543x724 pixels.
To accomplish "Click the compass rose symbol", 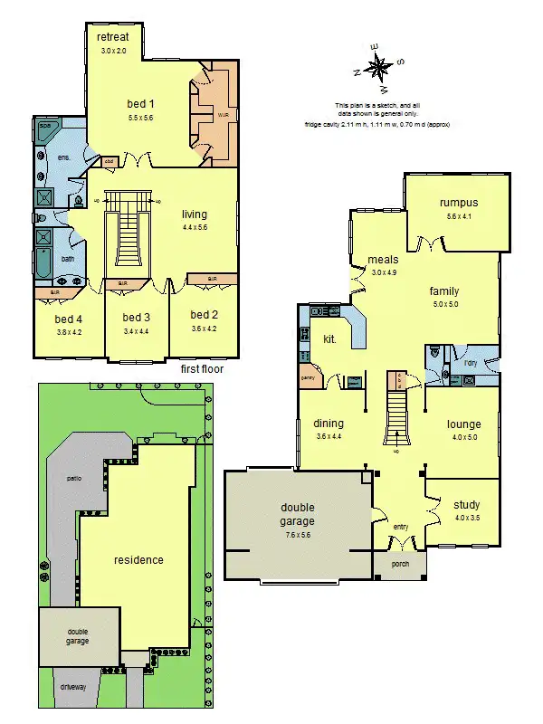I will pyautogui.click(x=381, y=66).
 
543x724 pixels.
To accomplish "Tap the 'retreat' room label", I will pyautogui.click(x=113, y=36).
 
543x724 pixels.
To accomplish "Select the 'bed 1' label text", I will pyautogui.click(x=141, y=105).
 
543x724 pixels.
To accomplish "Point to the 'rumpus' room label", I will pyautogui.click(x=458, y=203).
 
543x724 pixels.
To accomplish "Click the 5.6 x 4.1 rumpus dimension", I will pyautogui.click(x=458, y=217).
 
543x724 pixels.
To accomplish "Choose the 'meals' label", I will pyautogui.click(x=383, y=260).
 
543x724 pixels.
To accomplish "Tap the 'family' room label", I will pyautogui.click(x=443, y=291).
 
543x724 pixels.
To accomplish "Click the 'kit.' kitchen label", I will pyautogui.click(x=330, y=339).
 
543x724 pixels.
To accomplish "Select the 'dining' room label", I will pyautogui.click(x=329, y=424).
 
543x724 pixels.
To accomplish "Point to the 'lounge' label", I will pyautogui.click(x=463, y=424).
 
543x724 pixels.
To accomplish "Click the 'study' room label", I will pyautogui.click(x=466, y=505).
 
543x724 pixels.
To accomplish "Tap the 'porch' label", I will pyautogui.click(x=400, y=564).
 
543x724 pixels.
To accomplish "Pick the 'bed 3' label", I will pyautogui.click(x=137, y=318).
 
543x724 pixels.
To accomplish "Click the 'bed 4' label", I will pyautogui.click(x=68, y=319).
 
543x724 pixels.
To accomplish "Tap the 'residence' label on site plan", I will pyautogui.click(x=138, y=559).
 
